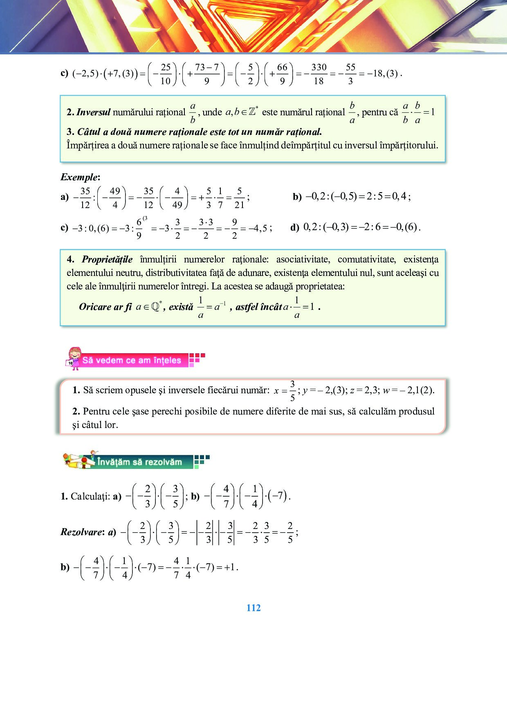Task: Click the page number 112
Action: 253,608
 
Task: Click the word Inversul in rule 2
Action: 93,112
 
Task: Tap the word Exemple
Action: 79,177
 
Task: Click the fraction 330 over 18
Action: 319,74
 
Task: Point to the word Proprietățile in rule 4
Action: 107,260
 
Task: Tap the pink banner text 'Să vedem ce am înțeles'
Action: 131,361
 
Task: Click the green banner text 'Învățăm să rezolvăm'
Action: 139,462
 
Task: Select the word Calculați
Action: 90,497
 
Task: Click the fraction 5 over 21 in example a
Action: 239,198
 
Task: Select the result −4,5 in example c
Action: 260,228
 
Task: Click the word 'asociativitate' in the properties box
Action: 303,260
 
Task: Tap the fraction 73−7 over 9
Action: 207,74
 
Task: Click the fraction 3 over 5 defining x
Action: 292,391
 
